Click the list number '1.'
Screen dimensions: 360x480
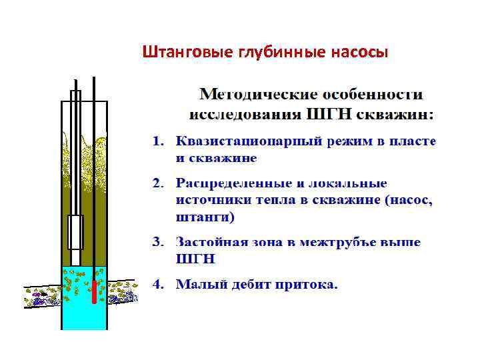[x=158, y=142]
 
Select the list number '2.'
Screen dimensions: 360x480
[x=158, y=182]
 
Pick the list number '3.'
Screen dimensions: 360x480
[x=158, y=242]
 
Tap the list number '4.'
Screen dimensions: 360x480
[x=158, y=285]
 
